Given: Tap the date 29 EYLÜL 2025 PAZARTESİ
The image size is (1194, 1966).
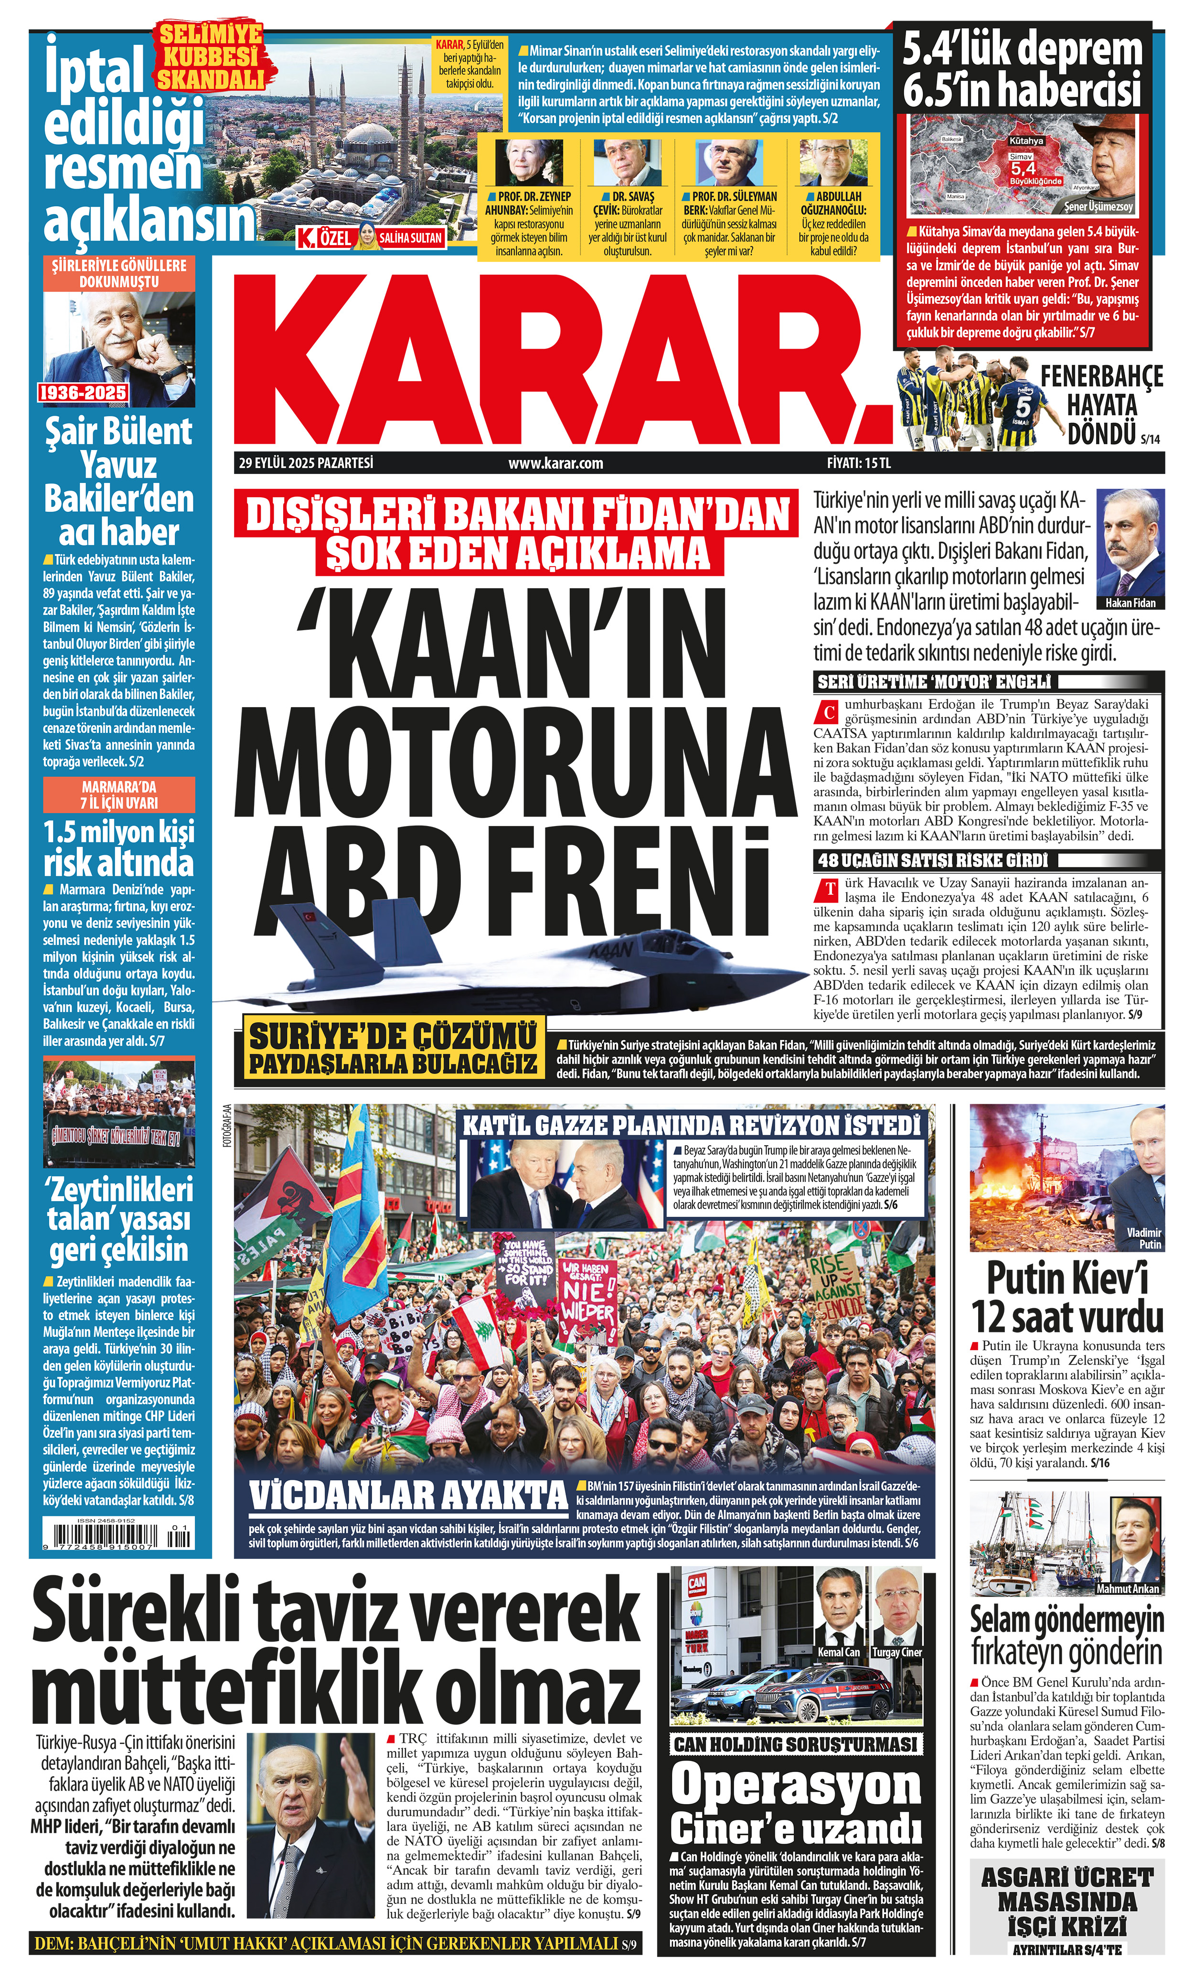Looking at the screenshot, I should (306, 463).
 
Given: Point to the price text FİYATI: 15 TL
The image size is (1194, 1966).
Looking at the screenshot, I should (858, 463).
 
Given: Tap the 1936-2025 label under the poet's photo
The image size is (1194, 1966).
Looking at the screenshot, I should (84, 393).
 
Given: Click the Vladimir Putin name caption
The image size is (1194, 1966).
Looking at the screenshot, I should (1144, 1238).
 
